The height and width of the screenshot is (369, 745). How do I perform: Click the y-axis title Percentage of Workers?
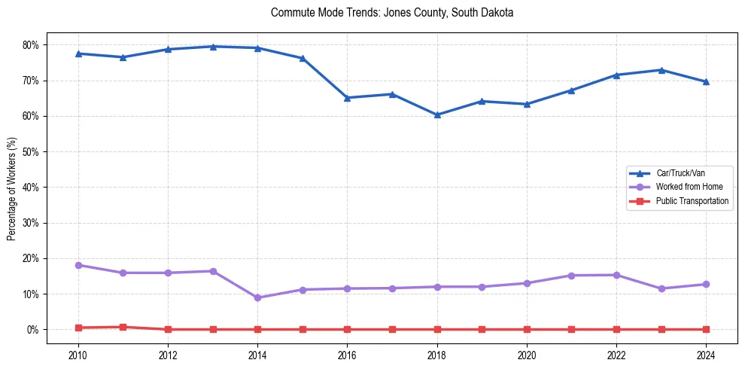click(12, 188)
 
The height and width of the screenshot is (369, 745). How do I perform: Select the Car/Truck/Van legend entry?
click(680, 173)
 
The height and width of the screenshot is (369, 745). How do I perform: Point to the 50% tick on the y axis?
click(31, 152)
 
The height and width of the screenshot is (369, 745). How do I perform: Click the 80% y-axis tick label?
click(31, 45)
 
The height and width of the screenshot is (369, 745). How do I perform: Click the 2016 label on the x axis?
click(347, 354)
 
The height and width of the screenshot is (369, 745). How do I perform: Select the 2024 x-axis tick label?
click(706, 354)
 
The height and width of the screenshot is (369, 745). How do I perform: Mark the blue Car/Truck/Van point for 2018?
click(437, 114)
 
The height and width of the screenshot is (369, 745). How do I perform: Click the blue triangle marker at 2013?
click(213, 47)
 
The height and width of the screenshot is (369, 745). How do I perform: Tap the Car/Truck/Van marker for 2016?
click(347, 98)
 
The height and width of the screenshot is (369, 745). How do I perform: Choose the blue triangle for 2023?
click(661, 70)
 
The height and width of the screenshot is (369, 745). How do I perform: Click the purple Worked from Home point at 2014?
click(257, 297)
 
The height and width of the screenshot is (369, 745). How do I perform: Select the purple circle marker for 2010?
click(78, 265)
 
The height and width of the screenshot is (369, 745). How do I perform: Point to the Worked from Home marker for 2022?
click(616, 275)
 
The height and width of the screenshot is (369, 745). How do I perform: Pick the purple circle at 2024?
click(706, 284)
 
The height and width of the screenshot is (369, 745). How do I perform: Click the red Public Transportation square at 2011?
click(123, 327)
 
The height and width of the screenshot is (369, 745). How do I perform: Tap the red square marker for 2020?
click(527, 329)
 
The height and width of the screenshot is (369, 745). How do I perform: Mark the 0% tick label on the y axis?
click(33, 330)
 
